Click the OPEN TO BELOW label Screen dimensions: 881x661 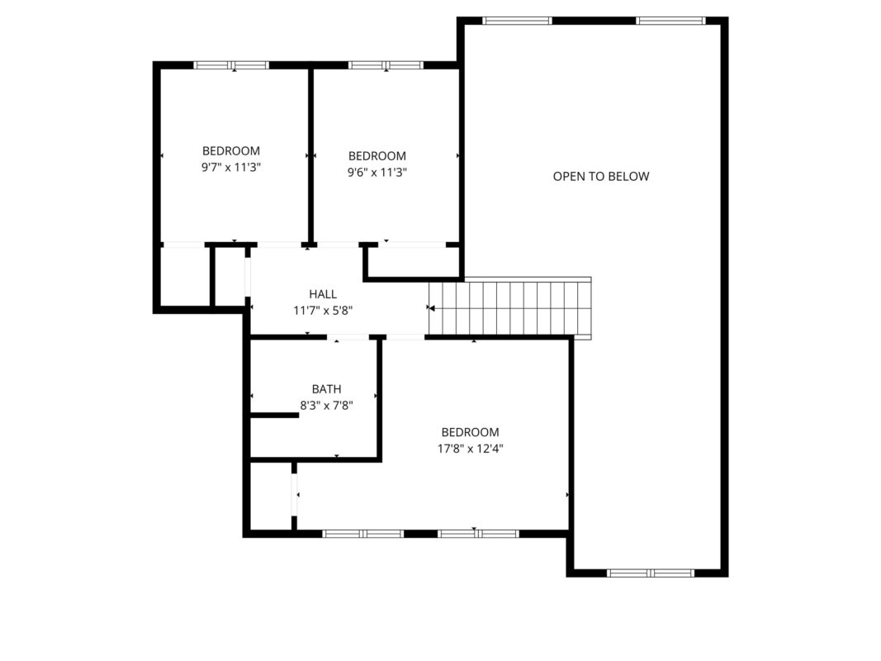600,177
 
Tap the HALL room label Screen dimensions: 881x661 323,294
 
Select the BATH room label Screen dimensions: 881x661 326,389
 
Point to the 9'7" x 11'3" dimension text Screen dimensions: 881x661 231,167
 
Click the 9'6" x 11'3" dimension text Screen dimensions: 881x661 377,172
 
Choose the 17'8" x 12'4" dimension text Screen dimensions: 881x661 471,449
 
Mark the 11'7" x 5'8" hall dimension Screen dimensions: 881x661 323,311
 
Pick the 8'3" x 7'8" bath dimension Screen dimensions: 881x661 326,405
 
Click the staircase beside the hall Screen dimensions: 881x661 510,308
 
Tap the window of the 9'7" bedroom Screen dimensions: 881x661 231,65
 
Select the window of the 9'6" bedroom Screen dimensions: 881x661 386,65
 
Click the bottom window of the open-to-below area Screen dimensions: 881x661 651,573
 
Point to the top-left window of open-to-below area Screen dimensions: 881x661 518,21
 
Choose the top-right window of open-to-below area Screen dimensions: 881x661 670,21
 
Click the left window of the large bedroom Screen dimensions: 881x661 363,534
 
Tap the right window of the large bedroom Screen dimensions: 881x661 478,534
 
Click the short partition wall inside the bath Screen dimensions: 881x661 274,416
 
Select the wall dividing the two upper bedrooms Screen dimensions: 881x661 310,155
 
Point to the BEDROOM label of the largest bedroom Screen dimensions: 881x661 471,432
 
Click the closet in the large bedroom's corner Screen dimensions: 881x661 271,496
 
